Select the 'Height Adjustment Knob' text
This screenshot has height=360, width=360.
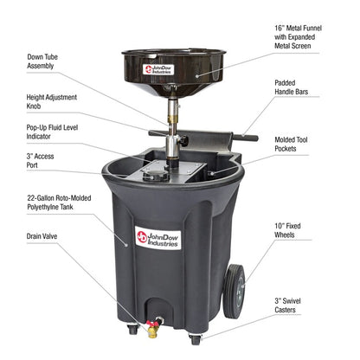(48, 103)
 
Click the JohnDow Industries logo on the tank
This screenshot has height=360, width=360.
(157, 236)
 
